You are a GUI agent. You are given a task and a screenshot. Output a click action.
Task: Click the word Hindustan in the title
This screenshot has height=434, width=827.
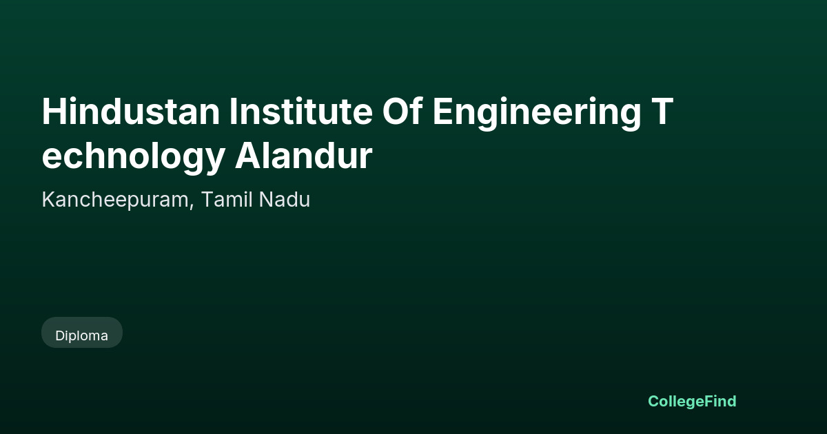(x=131, y=112)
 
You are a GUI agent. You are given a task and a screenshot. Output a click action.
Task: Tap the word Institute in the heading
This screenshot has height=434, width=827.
(x=301, y=112)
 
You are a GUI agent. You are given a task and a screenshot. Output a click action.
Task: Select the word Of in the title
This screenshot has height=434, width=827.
(x=402, y=112)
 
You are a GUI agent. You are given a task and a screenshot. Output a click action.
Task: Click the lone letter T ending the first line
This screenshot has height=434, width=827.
(x=662, y=112)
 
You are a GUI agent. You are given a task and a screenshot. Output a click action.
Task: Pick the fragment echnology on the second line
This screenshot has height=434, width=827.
(x=133, y=158)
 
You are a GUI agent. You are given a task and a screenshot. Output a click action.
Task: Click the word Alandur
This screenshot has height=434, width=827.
(x=303, y=156)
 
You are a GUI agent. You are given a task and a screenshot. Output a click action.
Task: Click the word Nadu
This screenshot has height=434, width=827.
(x=284, y=199)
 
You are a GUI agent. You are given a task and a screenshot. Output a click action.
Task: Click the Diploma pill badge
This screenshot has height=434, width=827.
(x=82, y=333)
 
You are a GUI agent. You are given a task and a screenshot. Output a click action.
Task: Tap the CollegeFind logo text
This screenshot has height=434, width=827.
(x=692, y=402)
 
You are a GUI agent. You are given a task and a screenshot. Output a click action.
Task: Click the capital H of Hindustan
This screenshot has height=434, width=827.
(x=54, y=112)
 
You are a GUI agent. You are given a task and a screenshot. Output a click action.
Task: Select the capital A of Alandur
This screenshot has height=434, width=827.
(x=247, y=156)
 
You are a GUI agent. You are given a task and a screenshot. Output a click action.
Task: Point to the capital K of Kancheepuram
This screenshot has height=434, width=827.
(x=49, y=200)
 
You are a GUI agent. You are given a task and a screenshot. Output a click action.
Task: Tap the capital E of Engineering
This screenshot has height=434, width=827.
(x=442, y=112)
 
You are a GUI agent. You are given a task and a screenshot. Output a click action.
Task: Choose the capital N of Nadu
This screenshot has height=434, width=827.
(x=266, y=200)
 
